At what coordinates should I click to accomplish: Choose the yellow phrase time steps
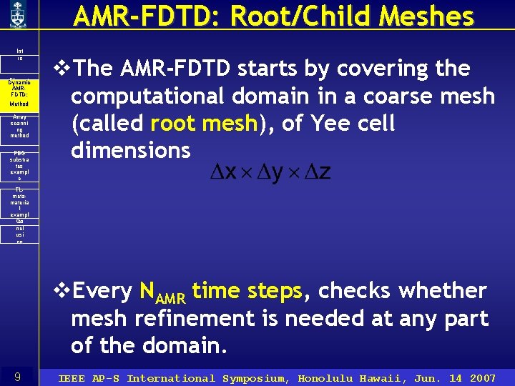247,291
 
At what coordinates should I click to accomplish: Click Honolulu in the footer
325,378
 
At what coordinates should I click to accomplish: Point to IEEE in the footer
72,378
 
